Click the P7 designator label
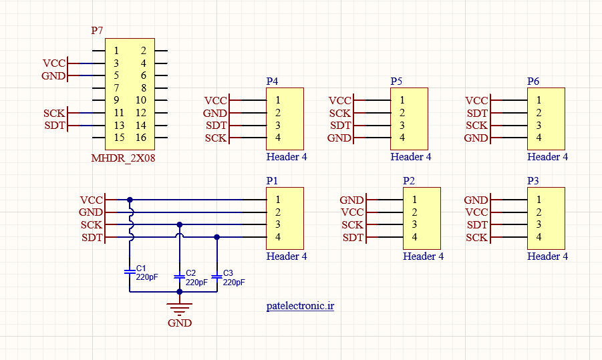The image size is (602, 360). pyautogui.click(x=97, y=30)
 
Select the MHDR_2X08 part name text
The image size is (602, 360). pyautogui.click(x=123, y=158)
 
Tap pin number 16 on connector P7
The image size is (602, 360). pyautogui.click(x=141, y=138)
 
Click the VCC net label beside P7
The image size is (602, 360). pyautogui.click(x=54, y=63)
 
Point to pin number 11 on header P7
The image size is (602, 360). pyautogui.click(x=119, y=113)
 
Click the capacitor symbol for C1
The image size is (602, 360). pyautogui.click(x=130, y=272)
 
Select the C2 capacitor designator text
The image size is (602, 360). pyautogui.click(x=191, y=273)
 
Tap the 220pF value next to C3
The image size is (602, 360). pyautogui.click(x=234, y=283)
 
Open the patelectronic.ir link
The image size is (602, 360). pyautogui.click(x=300, y=306)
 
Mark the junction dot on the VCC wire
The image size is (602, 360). pyautogui.click(x=130, y=200)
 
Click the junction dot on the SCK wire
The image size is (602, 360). pyautogui.click(x=179, y=224)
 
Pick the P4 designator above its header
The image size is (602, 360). pyautogui.click(x=272, y=81)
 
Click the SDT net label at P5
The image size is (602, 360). pyautogui.click(x=341, y=126)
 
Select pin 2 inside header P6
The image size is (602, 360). pyautogui.click(x=539, y=113)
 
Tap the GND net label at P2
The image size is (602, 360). pyautogui.click(x=351, y=200)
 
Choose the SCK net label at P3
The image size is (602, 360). pyautogui.click(x=476, y=238)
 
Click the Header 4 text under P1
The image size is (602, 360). pyautogui.click(x=287, y=256)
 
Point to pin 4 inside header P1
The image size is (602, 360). pyautogui.click(x=277, y=237)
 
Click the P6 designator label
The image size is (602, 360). pyautogui.click(x=533, y=81)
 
